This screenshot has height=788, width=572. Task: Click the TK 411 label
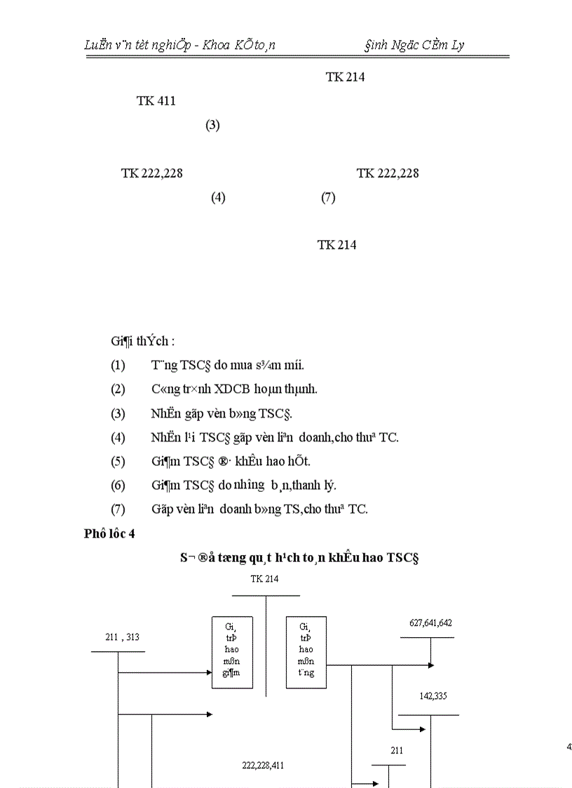(x=156, y=101)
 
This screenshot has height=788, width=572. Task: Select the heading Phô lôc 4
(x=109, y=534)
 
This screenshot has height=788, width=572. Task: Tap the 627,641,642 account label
(x=430, y=623)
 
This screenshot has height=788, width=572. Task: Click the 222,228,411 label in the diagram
(x=262, y=765)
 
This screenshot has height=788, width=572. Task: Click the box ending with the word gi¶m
(x=232, y=652)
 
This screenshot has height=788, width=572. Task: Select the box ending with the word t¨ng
(x=306, y=652)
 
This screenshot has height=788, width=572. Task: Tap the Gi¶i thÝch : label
(x=142, y=342)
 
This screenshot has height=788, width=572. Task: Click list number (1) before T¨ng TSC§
(x=118, y=366)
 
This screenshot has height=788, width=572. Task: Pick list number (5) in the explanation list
(x=118, y=461)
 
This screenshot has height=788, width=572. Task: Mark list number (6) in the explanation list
(x=118, y=485)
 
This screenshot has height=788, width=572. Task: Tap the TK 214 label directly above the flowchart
(x=264, y=579)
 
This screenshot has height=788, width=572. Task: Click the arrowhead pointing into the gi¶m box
(x=209, y=672)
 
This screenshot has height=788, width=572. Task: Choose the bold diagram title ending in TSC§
(x=298, y=557)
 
